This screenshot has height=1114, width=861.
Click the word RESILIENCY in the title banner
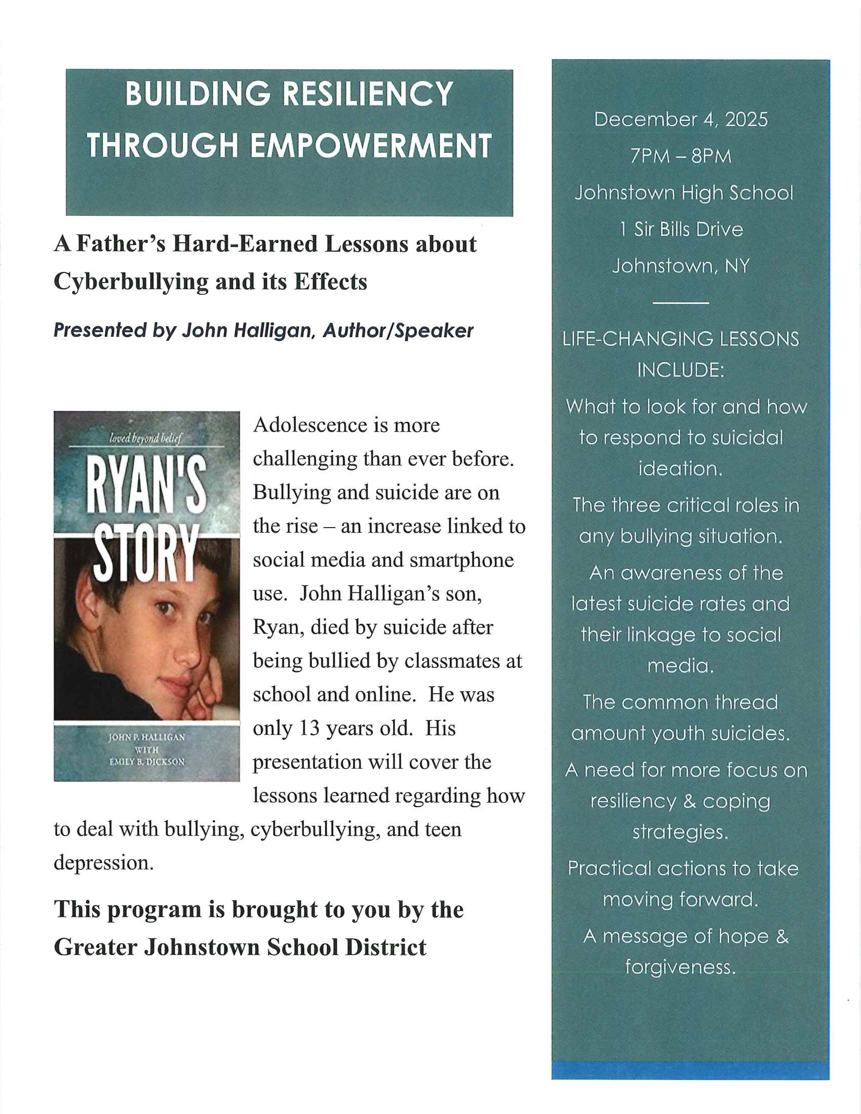click(367, 94)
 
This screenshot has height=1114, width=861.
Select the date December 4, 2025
click(680, 120)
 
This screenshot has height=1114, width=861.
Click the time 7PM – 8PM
click(680, 156)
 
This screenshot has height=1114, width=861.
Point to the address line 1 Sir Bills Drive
click(681, 229)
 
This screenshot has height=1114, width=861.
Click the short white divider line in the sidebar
click(680, 303)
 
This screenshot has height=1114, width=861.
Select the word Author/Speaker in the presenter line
click(398, 331)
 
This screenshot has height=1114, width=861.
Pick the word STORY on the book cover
click(146, 554)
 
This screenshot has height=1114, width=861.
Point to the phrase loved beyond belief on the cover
click(145, 438)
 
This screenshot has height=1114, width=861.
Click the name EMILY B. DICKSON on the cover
click(146, 762)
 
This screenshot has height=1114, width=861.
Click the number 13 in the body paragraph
click(309, 728)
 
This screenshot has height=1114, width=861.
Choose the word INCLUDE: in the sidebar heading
click(680, 370)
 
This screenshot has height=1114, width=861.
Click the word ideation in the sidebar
click(680, 468)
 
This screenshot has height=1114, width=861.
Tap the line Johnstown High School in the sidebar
click(684, 193)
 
